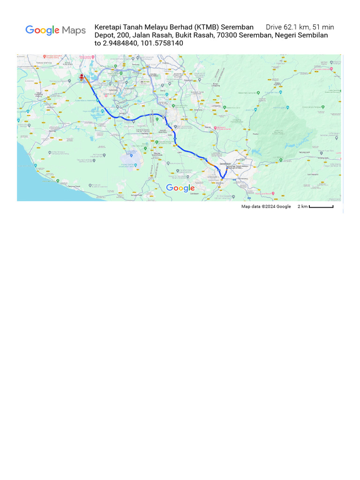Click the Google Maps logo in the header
(55, 30)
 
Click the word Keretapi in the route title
(108, 27)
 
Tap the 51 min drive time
(323, 27)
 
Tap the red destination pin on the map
(82, 76)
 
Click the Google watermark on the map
(180, 188)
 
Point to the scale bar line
(321, 206)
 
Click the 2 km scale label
(302, 206)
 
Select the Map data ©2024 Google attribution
(266, 206)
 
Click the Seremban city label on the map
(225, 164)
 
